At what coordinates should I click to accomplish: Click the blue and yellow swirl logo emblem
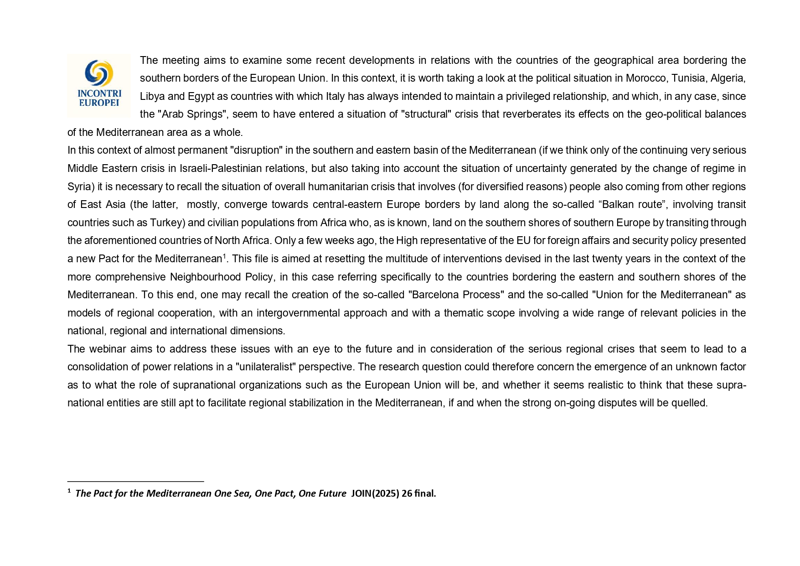point(99,73)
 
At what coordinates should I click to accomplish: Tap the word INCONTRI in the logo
point(99,93)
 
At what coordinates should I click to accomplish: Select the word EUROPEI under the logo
point(99,103)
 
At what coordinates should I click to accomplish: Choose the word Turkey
point(166,223)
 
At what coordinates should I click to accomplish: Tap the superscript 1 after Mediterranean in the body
point(224,256)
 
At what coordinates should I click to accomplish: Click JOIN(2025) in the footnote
point(375,493)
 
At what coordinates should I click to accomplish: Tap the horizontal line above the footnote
point(135,481)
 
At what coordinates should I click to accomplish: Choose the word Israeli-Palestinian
point(242,169)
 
